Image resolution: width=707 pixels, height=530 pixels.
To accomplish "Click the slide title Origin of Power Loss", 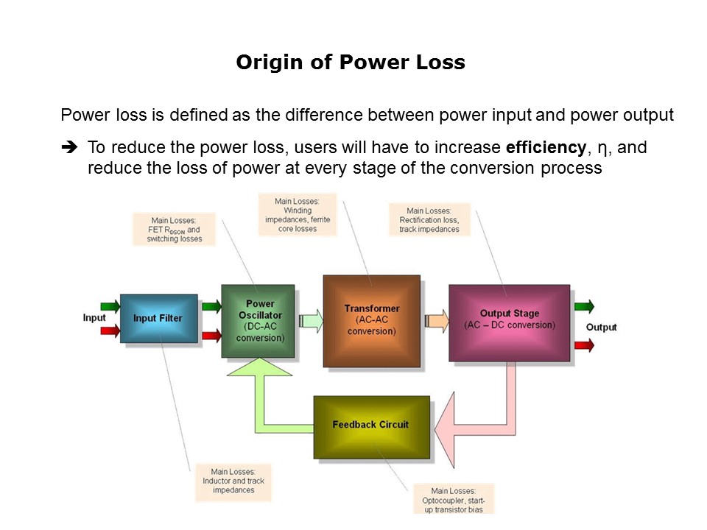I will click(x=351, y=63).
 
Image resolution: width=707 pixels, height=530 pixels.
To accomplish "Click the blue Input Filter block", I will click(x=158, y=318).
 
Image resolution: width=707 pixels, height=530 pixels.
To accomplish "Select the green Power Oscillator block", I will click(x=258, y=321).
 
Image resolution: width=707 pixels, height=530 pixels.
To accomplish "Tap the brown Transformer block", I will click(x=371, y=320).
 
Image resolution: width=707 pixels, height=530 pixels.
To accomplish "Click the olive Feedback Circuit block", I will click(x=370, y=425).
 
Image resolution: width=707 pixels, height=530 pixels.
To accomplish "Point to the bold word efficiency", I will click(x=546, y=147).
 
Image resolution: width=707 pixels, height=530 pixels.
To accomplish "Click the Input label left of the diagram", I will click(x=94, y=318).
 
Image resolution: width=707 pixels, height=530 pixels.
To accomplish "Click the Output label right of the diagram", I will click(x=601, y=327).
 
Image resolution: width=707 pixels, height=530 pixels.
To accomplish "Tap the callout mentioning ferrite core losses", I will click(x=296, y=214).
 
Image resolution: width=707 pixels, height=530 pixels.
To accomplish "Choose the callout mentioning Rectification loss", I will click(x=429, y=220).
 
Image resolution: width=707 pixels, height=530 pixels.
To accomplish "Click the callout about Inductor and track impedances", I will click(x=233, y=481).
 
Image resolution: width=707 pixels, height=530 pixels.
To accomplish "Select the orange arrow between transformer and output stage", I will click(x=436, y=320).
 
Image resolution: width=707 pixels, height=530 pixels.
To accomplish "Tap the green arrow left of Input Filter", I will click(x=109, y=305).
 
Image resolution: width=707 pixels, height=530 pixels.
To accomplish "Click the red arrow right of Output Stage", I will click(x=584, y=344).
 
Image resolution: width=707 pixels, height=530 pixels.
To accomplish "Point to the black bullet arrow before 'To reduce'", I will click(x=70, y=148).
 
